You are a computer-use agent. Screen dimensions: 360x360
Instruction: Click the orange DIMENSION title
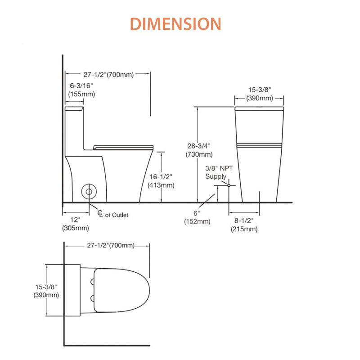(x=175, y=24)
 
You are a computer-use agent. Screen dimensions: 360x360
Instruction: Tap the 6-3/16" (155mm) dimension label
(x=81, y=90)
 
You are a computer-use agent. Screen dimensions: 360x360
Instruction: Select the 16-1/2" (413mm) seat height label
(x=161, y=181)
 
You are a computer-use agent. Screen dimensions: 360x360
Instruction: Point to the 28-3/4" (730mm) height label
(x=199, y=150)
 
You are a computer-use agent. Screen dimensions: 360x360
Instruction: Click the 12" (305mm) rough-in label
(x=76, y=224)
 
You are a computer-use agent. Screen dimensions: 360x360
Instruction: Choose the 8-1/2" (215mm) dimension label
(x=244, y=225)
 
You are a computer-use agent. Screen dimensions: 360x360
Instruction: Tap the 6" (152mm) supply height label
(x=197, y=217)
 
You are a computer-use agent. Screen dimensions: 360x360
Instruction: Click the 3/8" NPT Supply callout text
(x=219, y=172)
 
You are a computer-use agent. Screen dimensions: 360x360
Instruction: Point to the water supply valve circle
(x=229, y=185)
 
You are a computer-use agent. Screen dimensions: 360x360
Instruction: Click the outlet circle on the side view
(x=89, y=184)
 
